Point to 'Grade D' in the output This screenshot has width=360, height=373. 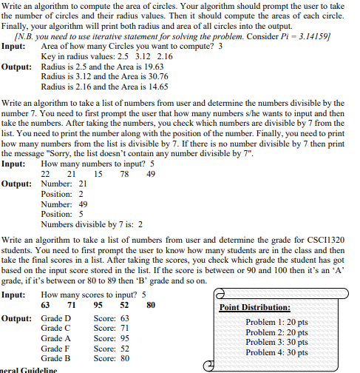coord(56,317)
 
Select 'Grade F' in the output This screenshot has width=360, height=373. coord(56,348)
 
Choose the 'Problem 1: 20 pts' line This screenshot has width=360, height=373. coord(276,322)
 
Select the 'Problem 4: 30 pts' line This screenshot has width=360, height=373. coord(276,352)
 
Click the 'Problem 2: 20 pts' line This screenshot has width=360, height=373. coord(276,332)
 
